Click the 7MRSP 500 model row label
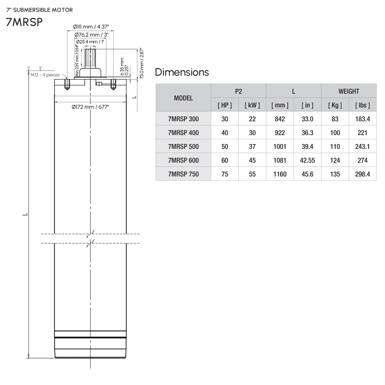(183, 147)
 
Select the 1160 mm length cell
(280, 174)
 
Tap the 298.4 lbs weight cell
(363, 174)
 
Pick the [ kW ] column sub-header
(252, 105)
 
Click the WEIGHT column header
(349, 91)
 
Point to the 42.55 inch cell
(307, 160)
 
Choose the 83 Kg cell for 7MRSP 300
(335, 119)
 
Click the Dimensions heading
(182, 72)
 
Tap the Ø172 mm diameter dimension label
(90, 107)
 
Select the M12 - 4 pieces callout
(45, 75)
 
